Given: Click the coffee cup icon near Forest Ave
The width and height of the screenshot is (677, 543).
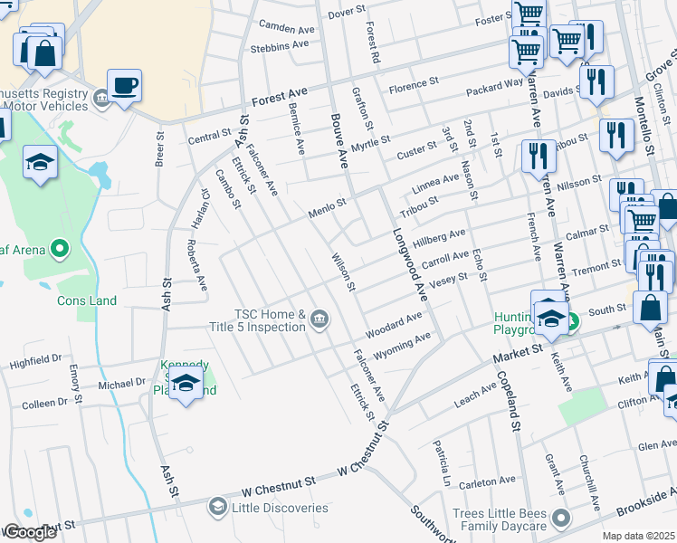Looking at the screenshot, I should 125,86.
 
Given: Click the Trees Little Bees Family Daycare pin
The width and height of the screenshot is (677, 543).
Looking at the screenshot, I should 561,519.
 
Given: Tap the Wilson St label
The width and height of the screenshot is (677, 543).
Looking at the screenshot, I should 342,272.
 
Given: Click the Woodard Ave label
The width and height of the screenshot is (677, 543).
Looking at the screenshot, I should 394,321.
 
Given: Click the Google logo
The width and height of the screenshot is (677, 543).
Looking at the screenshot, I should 30,532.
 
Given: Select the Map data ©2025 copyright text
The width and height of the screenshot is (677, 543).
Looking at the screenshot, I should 639,536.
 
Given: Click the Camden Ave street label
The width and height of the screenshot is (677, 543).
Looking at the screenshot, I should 286,28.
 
